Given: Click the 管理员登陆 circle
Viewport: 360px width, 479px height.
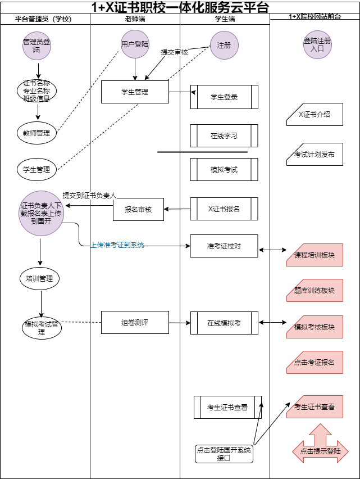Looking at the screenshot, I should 37,46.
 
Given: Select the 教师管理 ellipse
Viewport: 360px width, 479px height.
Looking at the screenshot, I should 37,133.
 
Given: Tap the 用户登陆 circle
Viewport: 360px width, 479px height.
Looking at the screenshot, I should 135,44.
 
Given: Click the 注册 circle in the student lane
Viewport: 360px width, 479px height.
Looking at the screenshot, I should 224,46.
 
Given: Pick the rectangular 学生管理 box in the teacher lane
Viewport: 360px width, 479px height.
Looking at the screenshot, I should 135,92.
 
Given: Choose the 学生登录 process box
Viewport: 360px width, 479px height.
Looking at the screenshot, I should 224,97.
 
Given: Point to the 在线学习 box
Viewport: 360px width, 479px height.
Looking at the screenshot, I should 224,135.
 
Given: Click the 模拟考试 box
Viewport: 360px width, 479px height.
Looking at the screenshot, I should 224,169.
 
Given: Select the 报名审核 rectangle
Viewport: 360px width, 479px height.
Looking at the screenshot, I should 138,209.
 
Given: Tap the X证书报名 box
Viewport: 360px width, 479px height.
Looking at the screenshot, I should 224,209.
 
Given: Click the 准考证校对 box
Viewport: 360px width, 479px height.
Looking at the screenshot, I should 224,246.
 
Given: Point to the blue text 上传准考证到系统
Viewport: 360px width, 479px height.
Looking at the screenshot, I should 117,245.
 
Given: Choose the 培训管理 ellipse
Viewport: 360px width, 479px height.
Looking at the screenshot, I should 39,278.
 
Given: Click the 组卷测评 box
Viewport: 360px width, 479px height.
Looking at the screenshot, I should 135,322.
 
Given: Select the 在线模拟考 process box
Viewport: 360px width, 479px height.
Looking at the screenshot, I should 224,323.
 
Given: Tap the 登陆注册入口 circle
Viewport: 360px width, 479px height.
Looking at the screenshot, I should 317,45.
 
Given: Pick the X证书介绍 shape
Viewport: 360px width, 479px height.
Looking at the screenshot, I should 315,114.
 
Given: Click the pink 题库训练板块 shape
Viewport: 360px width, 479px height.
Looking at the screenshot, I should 315,291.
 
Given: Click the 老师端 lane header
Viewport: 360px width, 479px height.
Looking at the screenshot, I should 135,19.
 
